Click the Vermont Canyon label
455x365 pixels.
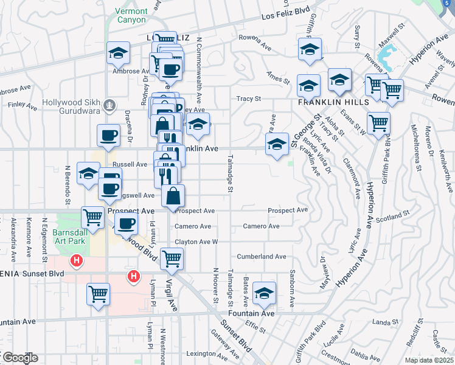[x=130, y=16]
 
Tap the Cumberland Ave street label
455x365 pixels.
[x=262, y=257]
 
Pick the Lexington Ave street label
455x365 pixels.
[x=201, y=353]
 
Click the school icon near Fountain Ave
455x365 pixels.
[x=264, y=293]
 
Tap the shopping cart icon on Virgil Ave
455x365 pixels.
[x=172, y=259]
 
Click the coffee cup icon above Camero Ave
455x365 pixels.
[x=126, y=223]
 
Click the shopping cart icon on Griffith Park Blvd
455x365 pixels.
[x=379, y=123]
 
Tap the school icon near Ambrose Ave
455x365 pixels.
[x=119, y=53]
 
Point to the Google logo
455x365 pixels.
[x=19, y=358]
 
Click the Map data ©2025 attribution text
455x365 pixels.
[x=429, y=361]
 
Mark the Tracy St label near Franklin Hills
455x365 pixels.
[x=249, y=99]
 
